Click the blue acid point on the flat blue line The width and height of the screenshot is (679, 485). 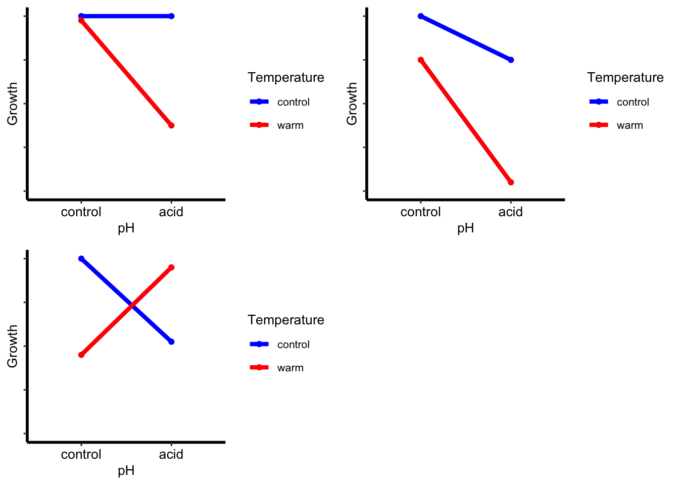pyautogui.click(x=171, y=16)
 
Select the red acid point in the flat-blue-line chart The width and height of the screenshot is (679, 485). pyautogui.click(x=171, y=125)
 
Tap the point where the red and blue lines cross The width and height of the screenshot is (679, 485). pyautogui.click(x=132, y=306)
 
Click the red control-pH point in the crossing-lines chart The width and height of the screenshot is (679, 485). pyautogui.click(x=81, y=355)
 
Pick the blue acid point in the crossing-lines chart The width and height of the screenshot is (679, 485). pyautogui.click(x=171, y=342)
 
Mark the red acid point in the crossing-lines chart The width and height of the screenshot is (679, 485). pyautogui.click(x=171, y=267)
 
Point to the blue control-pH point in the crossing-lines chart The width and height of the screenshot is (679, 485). pyautogui.click(x=81, y=259)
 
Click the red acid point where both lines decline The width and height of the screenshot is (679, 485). pyautogui.click(x=511, y=182)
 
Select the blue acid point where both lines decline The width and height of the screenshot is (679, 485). pyautogui.click(x=511, y=60)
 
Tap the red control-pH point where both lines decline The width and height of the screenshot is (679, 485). pyautogui.click(x=421, y=60)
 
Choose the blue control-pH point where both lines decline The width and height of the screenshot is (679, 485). pyautogui.click(x=421, y=16)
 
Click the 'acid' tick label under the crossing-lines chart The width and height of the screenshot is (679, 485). pyautogui.click(x=171, y=454)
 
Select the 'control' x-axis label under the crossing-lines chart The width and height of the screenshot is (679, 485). pyautogui.click(x=81, y=454)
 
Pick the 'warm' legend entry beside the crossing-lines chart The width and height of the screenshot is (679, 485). pyautogui.click(x=290, y=368)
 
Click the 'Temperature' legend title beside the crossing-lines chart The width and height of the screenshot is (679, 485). pyautogui.click(x=286, y=320)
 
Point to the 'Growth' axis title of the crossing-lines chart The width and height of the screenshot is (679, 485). pyautogui.click(x=13, y=346)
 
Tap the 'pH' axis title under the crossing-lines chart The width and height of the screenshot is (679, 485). pyautogui.click(x=126, y=471)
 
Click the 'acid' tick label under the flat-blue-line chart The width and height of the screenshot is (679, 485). pyautogui.click(x=171, y=212)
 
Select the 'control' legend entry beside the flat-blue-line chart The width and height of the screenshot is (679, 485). pyautogui.click(x=293, y=102)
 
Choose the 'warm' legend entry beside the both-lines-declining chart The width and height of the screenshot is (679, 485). pyautogui.click(x=629, y=125)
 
